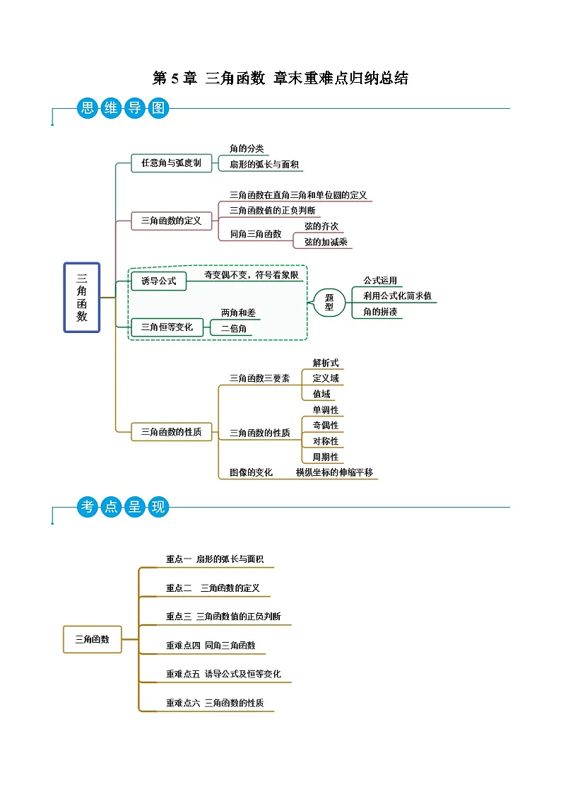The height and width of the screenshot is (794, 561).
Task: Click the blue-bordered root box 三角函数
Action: (82, 297)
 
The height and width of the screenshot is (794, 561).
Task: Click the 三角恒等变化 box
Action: (167, 327)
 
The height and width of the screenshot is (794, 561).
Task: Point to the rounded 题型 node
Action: (329, 303)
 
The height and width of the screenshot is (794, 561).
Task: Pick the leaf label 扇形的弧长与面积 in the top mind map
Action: (264, 165)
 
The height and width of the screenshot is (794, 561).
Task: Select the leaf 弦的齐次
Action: (321, 226)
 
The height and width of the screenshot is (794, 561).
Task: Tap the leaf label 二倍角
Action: (234, 329)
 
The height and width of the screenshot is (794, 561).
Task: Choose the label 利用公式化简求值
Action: (397, 296)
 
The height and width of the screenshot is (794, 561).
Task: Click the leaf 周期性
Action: (326, 457)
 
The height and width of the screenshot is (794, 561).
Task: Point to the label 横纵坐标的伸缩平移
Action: (334, 472)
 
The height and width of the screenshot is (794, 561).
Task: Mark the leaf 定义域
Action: (326, 378)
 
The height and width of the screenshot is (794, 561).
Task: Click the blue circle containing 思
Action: (87, 108)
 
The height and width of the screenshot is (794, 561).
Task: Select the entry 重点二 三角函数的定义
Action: (213, 588)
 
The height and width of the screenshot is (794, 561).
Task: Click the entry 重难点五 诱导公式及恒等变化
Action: (223, 675)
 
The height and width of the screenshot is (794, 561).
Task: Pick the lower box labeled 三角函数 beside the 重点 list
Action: (93, 639)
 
